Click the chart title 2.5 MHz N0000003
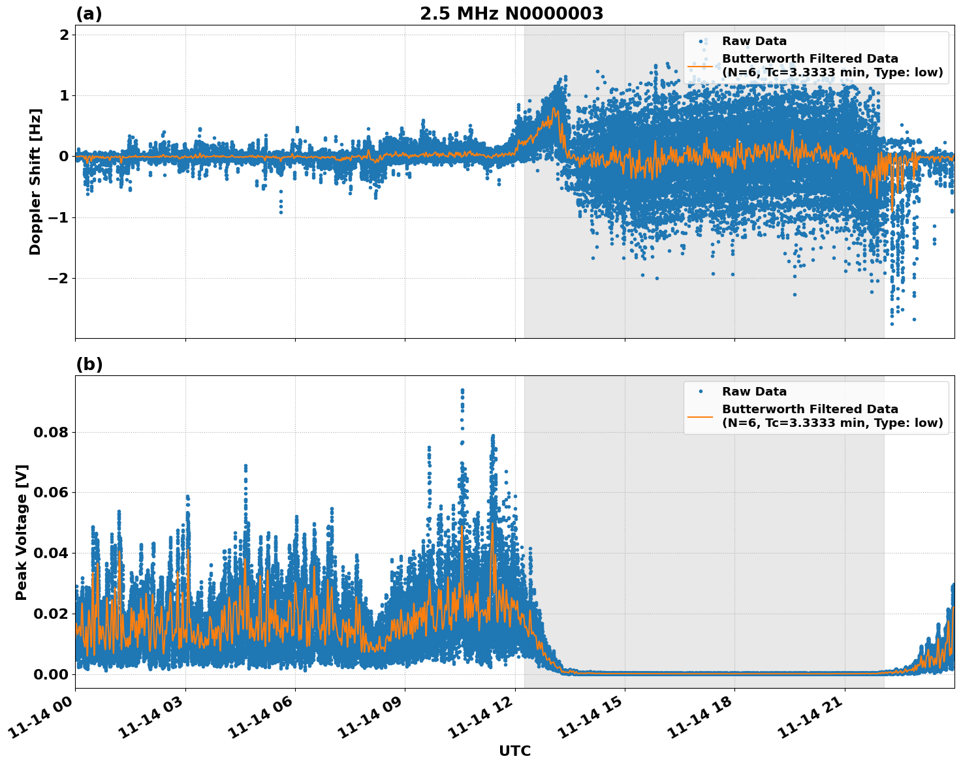point(511,14)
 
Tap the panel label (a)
point(89,14)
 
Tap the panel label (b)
point(89,364)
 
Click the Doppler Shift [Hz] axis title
point(35,181)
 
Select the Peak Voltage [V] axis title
point(22,532)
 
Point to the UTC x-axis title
point(514,751)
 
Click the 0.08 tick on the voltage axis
point(50,432)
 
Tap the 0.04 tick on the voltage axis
point(50,553)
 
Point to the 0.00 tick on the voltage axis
point(50,674)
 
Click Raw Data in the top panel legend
point(754,41)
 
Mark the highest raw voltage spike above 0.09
point(462,390)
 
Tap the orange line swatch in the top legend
point(701,65)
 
